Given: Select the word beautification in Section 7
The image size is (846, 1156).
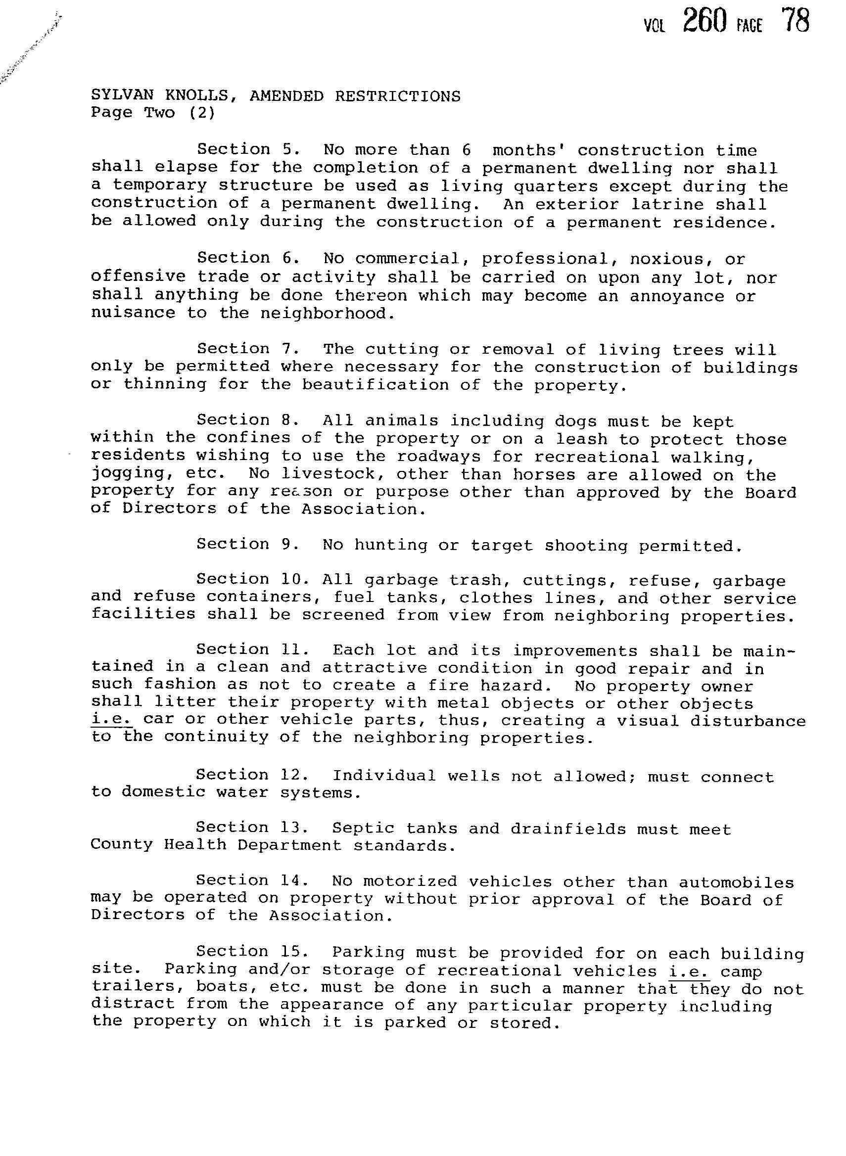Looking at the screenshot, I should [x=375, y=384].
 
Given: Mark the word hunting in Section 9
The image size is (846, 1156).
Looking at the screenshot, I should [x=390, y=545].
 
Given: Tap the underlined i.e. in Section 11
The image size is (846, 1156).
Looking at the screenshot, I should [x=112, y=719].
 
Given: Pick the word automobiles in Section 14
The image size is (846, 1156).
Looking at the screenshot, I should [x=736, y=882].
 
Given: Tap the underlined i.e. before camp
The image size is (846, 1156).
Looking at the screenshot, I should [x=689, y=971].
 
